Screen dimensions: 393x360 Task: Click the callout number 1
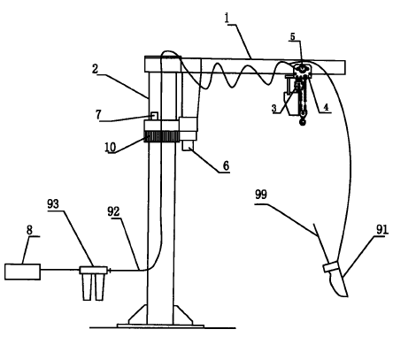(x=227, y=19)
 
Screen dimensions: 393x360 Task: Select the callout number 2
(x=95, y=69)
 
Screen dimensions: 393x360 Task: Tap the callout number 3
(x=274, y=109)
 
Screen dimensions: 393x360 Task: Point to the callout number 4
(x=326, y=107)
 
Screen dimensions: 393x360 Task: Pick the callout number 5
(x=292, y=37)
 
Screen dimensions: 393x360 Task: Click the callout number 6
(x=226, y=165)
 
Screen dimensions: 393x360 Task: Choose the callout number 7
(x=98, y=114)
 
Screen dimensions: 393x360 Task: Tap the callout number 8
(x=29, y=230)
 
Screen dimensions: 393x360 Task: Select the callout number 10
(x=111, y=147)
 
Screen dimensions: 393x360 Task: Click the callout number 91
(x=382, y=229)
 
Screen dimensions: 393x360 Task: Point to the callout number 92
(x=113, y=211)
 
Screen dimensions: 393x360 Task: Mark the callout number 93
(x=53, y=203)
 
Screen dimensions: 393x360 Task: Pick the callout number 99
(x=261, y=195)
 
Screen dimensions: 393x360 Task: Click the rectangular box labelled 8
(x=23, y=272)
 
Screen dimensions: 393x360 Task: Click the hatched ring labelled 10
(x=162, y=136)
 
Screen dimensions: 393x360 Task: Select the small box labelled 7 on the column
(x=153, y=116)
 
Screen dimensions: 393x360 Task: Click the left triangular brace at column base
(x=138, y=315)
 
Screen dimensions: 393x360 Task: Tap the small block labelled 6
(x=188, y=146)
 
